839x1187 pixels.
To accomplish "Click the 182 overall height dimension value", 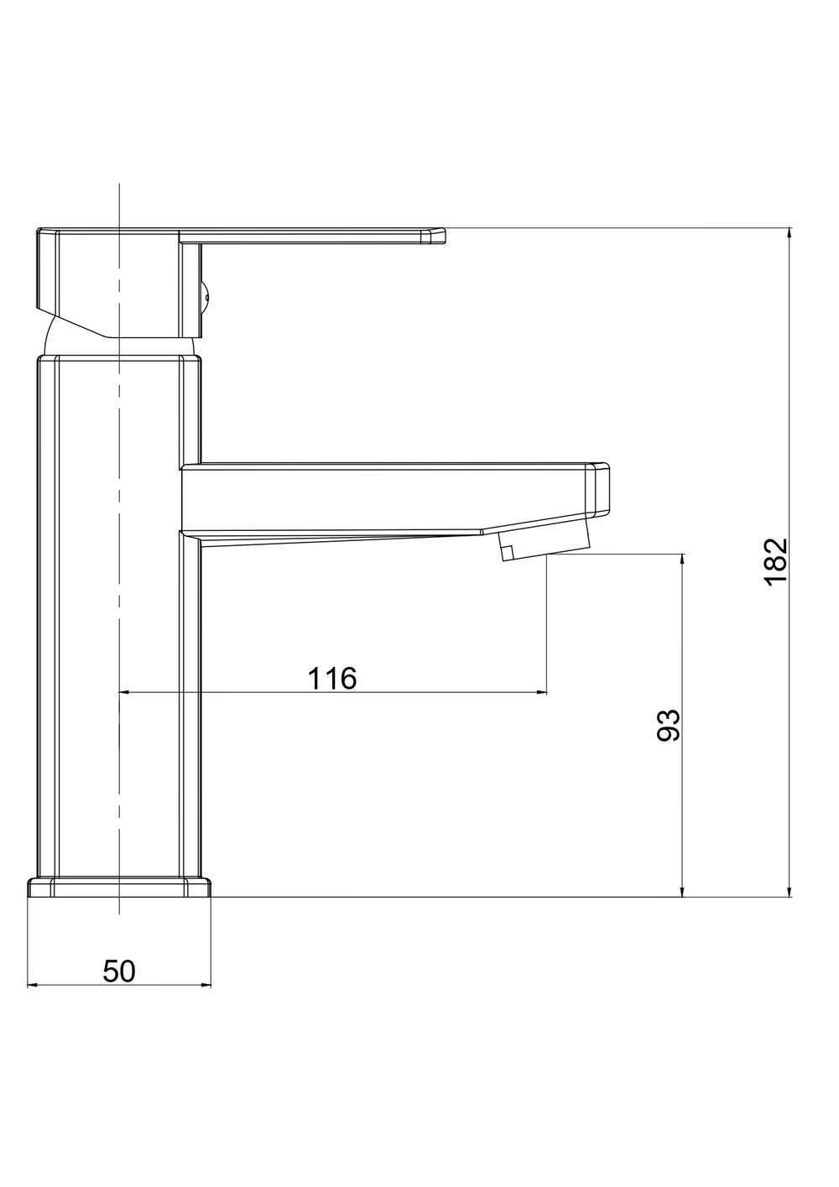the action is pos(777,562).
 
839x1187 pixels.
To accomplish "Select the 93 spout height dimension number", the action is pos(669,725).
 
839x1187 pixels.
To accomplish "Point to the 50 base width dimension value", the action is pos(119,971).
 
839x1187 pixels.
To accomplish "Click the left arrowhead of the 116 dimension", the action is pos(125,692).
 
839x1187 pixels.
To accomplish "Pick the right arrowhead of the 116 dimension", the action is pos(540,692).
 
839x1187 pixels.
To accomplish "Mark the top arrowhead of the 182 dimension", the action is pos(789,234).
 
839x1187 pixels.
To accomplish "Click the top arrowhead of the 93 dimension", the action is pos(682,560).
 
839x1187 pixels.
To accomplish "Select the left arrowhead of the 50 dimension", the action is pos(33,986).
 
